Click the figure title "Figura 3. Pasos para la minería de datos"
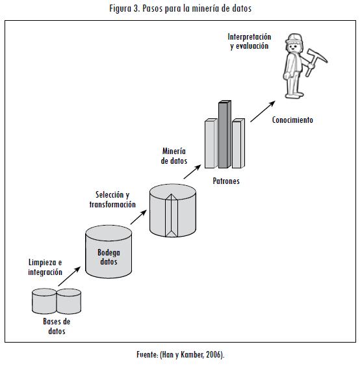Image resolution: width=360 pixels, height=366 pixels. point(180,8)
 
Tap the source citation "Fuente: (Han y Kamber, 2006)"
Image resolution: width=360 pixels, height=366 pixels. point(179,354)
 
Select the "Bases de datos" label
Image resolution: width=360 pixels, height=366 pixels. point(57,326)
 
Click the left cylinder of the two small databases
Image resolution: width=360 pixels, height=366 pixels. point(44,301)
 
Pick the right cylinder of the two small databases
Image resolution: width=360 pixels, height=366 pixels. point(69,301)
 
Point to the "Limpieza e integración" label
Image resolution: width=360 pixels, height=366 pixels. point(45,267)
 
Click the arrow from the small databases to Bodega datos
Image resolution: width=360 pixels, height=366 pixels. point(70,276)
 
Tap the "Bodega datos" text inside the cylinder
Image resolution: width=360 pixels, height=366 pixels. point(109,257)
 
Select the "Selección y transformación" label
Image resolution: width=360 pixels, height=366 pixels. point(112,200)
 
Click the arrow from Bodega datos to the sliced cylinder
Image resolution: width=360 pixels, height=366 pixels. point(138,217)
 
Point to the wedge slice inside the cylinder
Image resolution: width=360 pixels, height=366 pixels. point(172,215)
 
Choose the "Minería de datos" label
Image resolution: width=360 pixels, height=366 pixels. point(174,156)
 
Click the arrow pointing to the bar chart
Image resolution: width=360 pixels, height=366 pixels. point(192,172)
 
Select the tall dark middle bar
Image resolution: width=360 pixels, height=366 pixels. point(225,134)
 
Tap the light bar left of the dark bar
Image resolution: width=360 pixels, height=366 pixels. point(211,143)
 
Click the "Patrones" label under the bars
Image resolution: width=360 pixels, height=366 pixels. point(226,181)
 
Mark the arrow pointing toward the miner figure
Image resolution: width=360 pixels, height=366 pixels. point(263,111)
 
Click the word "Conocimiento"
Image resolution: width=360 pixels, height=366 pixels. point(292,120)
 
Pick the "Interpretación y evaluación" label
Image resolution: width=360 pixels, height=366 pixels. point(250,42)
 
